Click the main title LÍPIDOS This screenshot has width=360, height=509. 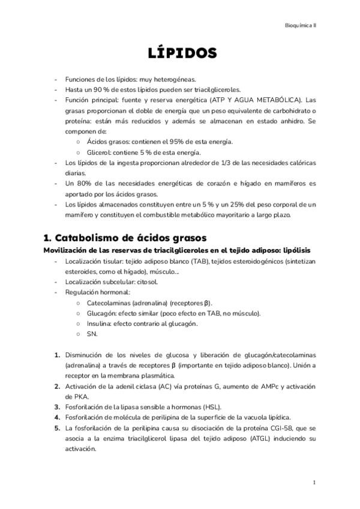[x=182, y=53]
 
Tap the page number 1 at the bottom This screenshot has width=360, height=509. [x=314, y=482]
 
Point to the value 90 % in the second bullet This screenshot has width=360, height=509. [x=98, y=89]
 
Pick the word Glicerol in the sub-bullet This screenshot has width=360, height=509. [x=98, y=152]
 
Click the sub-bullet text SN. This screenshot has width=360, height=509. [x=91, y=334]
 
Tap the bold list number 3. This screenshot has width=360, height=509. [x=57, y=406]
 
